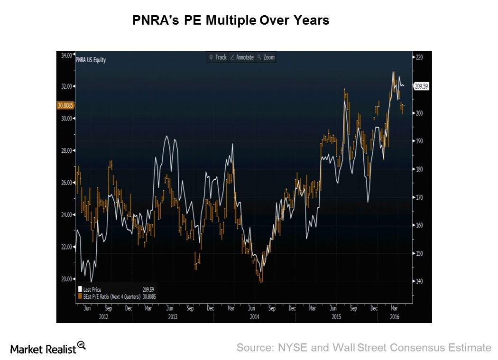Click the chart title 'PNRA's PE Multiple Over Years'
231,21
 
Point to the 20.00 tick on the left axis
66,279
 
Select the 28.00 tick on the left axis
66,151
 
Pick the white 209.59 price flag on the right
421,86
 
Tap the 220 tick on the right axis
419,57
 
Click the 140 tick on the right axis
419,282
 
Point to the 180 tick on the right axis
419,169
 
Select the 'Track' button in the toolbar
218,57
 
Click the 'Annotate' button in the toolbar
242,57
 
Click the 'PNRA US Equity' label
91,60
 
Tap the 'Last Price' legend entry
92,289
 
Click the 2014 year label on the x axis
254,317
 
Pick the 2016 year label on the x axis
395,317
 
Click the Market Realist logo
47,349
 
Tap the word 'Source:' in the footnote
254,348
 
